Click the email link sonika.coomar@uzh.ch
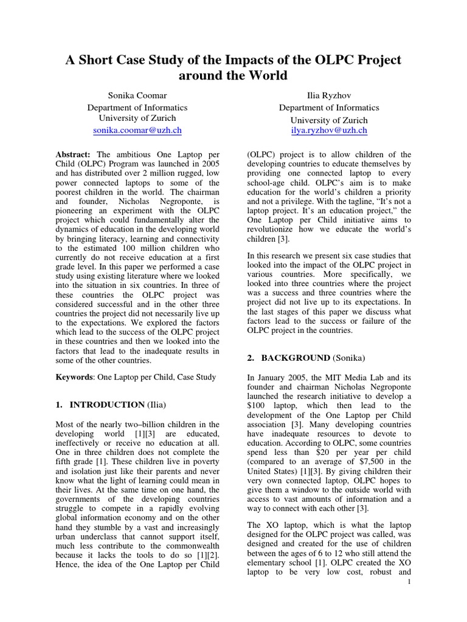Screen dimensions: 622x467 (137, 130)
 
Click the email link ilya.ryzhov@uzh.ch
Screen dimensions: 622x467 (329, 130)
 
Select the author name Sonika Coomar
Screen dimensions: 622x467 (137, 95)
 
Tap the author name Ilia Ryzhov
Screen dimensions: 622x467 (329, 95)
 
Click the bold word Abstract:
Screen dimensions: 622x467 (73, 155)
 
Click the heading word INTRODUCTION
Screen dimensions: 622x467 (106, 405)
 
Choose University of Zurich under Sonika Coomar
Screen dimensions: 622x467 (137, 118)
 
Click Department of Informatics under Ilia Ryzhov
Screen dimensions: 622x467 (329, 108)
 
